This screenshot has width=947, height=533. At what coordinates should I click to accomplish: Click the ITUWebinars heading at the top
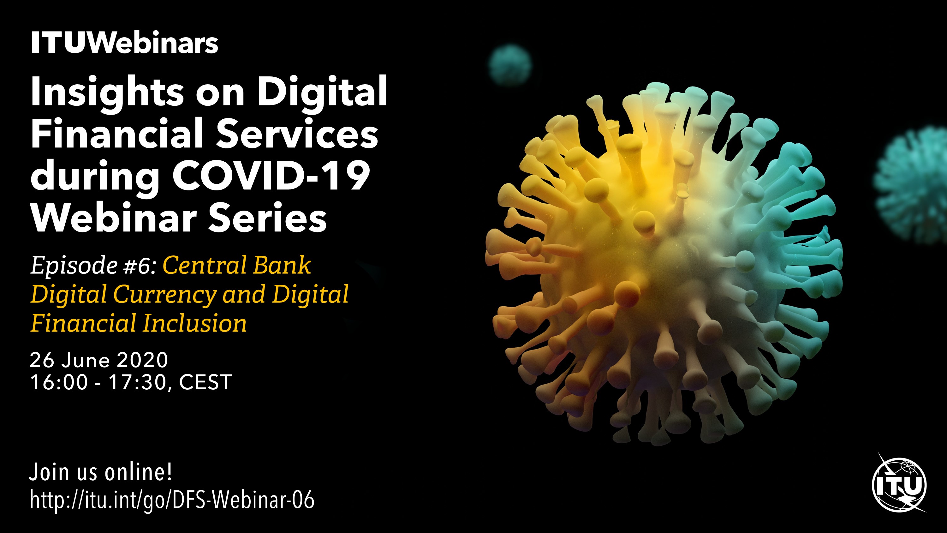[x=125, y=43]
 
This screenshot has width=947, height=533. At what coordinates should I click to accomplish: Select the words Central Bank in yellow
[x=237, y=265]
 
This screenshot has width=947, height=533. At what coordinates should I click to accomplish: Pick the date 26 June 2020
[x=99, y=360]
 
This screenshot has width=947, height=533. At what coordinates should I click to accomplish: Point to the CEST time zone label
[x=205, y=382]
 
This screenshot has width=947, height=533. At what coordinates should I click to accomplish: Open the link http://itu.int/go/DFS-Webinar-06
[x=172, y=500]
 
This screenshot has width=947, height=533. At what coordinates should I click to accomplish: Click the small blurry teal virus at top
[x=510, y=65]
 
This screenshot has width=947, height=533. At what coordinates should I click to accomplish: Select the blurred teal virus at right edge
[x=912, y=184]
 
